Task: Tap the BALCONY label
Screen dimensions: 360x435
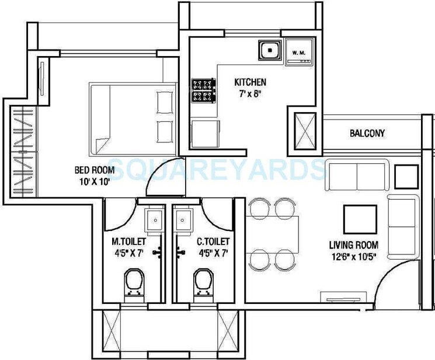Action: [x=367, y=133]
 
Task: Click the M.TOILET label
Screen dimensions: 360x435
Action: [x=128, y=241]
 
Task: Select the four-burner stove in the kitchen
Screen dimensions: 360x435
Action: [x=203, y=91]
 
